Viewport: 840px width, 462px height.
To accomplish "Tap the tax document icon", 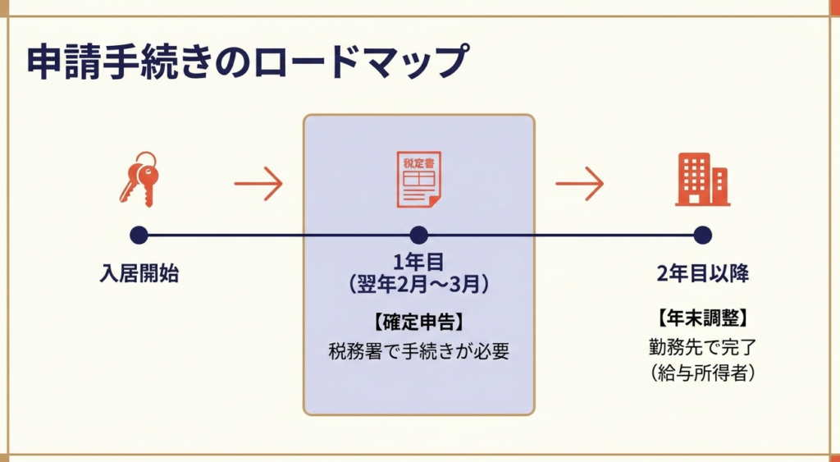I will click(x=418, y=180).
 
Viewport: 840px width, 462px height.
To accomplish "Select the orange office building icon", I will click(x=702, y=179).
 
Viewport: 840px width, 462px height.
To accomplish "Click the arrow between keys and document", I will click(x=258, y=182).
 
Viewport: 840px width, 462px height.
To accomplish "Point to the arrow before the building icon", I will click(x=579, y=182).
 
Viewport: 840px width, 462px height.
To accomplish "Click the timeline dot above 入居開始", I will click(x=139, y=236).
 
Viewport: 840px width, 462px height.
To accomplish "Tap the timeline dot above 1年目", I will click(x=419, y=236).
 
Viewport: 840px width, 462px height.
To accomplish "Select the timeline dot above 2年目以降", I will click(x=702, y=236).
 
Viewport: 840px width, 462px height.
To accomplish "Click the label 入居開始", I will click(x=139, y=274).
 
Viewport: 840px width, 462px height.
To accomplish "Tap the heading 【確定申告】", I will click(x=418, y=322).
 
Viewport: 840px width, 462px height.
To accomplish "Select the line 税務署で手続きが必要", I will click(x=418, y=351).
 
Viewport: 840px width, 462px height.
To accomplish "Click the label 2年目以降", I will click(x=702, y=274).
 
